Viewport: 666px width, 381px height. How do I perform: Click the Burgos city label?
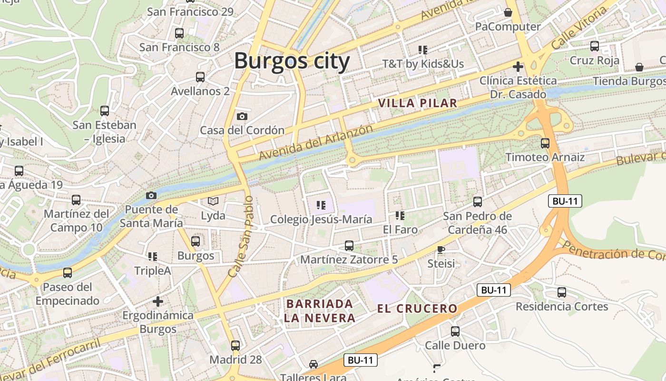[292, 61]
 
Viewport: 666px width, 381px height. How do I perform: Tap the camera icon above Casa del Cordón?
[242, 116]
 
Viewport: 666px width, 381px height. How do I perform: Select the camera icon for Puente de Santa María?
[151, 195]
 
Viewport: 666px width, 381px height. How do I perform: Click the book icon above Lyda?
[213, 201]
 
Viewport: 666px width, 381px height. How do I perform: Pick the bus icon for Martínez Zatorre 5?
[349, 246]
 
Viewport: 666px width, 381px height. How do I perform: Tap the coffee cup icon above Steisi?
[441, 250]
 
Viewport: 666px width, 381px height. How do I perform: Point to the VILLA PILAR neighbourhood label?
[418, 103]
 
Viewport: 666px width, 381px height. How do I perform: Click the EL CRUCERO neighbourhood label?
[417, 309]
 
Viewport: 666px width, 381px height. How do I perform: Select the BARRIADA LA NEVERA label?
[320, 311]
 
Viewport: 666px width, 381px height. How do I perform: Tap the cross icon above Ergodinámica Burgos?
[158, 301]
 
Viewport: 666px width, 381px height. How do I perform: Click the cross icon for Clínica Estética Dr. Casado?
[518, 67]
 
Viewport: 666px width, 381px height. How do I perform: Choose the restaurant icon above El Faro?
[400, 216]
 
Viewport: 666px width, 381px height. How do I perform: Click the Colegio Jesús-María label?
[321, 220]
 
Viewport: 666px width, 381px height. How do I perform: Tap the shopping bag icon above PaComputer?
[508, 12]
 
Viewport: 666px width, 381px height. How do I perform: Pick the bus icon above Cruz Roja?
[595, 46]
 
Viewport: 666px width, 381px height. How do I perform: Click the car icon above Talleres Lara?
[313, 364]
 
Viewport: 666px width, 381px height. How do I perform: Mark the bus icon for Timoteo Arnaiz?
[545, 143]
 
